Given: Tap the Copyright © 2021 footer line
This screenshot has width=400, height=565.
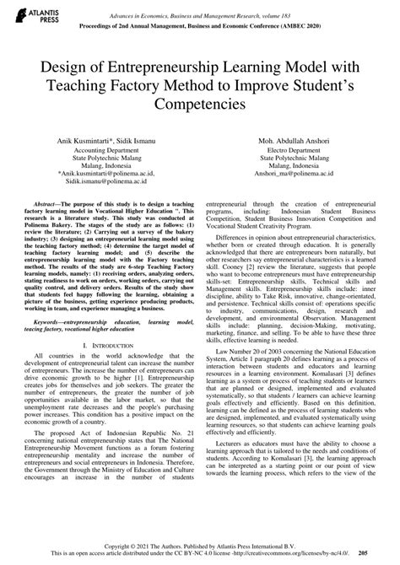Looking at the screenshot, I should point(200,546).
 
